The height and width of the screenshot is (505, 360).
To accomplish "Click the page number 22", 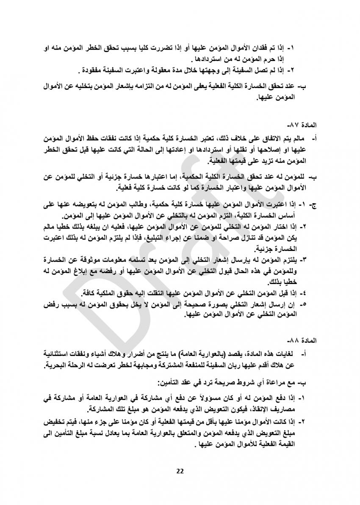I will point(180,471).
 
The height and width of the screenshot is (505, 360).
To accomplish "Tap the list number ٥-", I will point(303,304).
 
